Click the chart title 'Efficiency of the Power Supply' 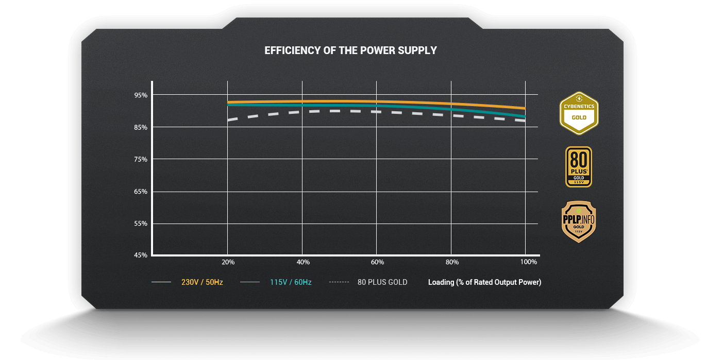(350, 50)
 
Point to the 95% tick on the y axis (141, 95)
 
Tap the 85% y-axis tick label (141, 127)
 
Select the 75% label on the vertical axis (141, 159)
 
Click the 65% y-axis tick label (141, 192)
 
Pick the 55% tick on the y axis (141, 224)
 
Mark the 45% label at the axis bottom (141, 255)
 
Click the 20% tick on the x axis (228, 262)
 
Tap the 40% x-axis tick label (303, 262)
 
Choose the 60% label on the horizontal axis (377, 262)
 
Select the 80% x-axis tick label (452, 262)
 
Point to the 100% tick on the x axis (528, 262)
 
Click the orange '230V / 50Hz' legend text (202, 282)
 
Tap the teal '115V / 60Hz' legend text (291, 282)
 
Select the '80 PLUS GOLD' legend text (382, 282)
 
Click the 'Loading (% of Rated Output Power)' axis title (484, 282)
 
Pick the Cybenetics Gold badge (579, 113)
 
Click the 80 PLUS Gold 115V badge (579, 167)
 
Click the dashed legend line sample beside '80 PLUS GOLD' (339, 282)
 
